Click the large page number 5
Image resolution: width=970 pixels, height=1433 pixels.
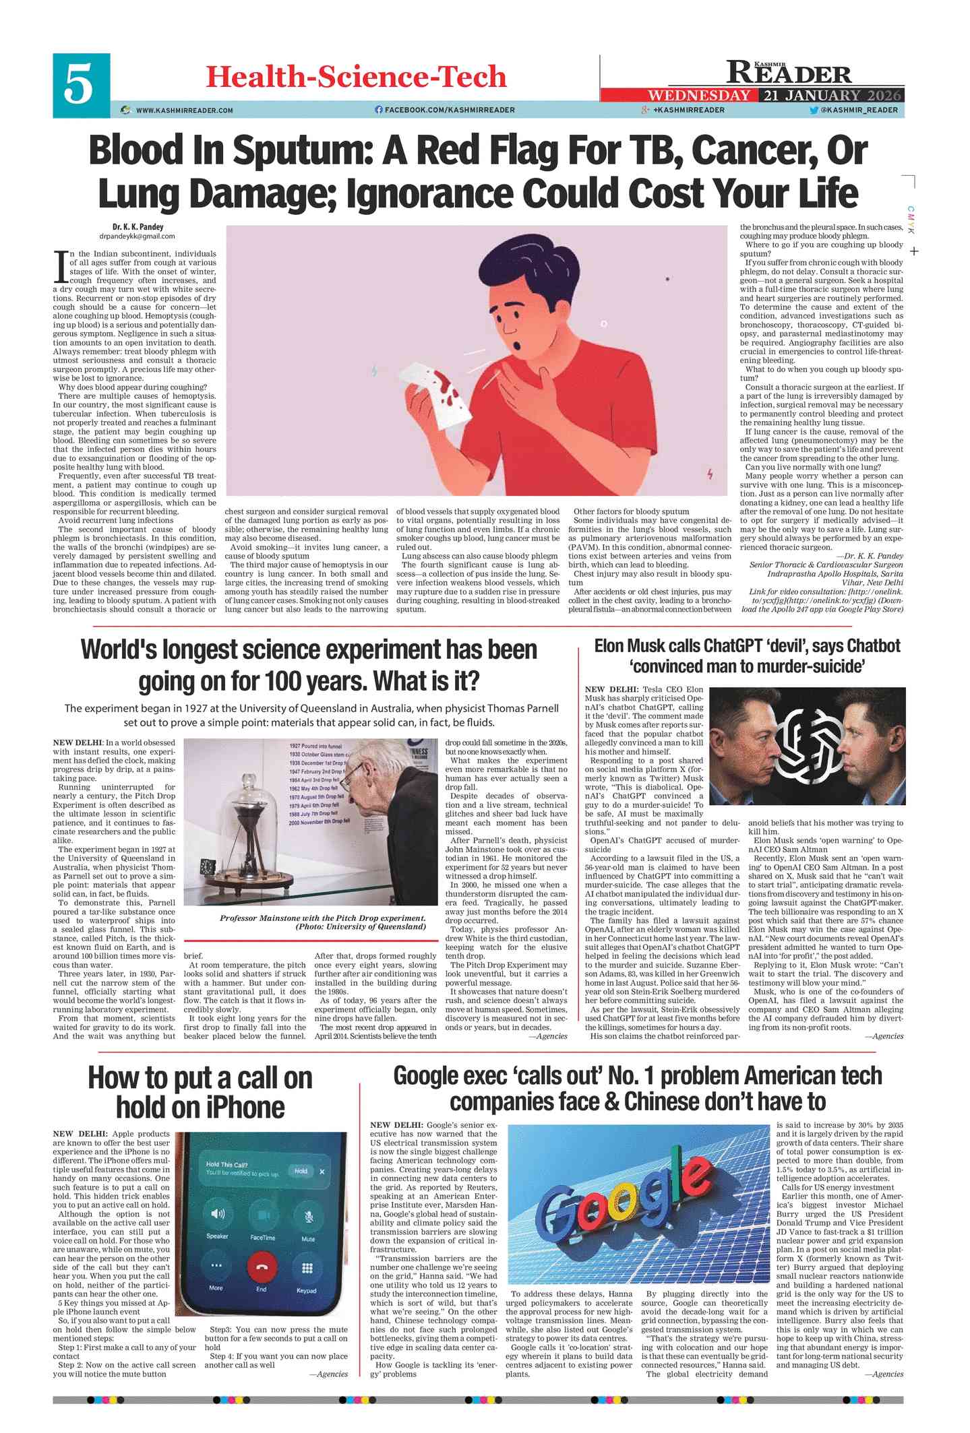[x=80, y=86]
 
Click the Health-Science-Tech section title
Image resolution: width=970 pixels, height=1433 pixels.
[x=355, y=77]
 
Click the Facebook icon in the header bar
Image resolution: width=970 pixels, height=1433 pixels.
[x=378, y=110]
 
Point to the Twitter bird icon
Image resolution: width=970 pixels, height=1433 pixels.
[x=813, y=110]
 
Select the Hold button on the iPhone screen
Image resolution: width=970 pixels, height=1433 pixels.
[x=301, y=1171]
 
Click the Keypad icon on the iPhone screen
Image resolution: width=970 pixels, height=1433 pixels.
[x=307, y=1269]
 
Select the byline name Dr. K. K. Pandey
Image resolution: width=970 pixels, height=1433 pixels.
[x=138, y=227]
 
